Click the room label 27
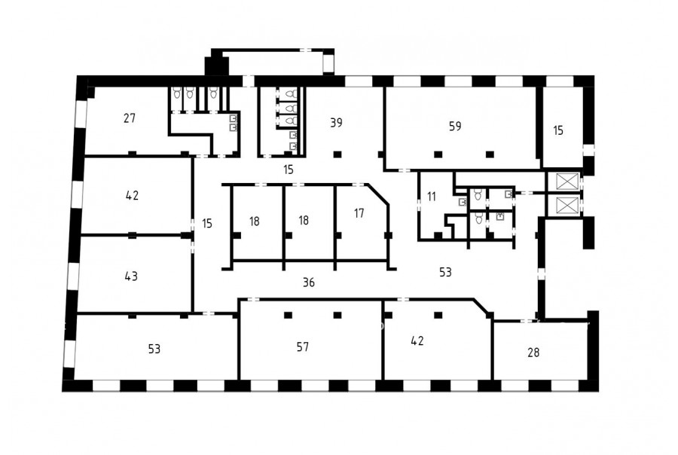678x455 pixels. tap(130, 118)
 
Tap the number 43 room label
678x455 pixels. tap(131, 276)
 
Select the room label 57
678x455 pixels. tap(303, 347)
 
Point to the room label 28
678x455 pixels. tap(533, 353)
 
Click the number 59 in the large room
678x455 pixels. tap(455, 126)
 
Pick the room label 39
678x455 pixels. tap(336, 123)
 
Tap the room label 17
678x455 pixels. tap(359, 213)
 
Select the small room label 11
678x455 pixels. tap(432, 197)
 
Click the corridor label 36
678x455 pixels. tap(308, 282)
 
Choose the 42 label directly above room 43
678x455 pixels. tap(132, 195)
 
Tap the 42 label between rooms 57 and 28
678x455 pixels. tap(417, 340)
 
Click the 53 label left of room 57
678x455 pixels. tap(154, 349)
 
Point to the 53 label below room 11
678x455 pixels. tap(445, 272)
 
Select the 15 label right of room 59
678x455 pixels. tap(558, 130)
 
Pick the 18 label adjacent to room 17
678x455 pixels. tap(304, 220)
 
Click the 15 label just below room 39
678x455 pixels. tap(289, 169)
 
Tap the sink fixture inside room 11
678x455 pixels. tap(463, 202)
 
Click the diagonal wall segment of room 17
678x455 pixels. tap(378, 194)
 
